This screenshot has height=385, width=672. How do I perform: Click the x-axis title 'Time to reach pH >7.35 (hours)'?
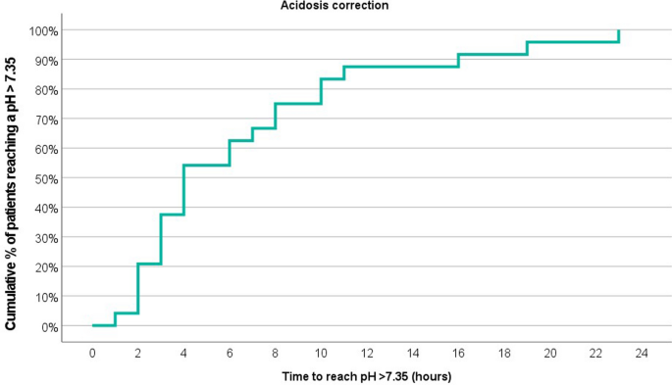pos(367,375)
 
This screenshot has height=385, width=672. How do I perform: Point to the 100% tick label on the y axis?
pos(42,30)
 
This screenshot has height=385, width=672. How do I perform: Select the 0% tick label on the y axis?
pos(47,326)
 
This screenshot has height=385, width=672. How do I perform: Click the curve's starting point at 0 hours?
pos(93,325)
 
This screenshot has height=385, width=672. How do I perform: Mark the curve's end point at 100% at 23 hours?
pos(619,31)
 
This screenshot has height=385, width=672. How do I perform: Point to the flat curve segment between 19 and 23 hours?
pos(573,42)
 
